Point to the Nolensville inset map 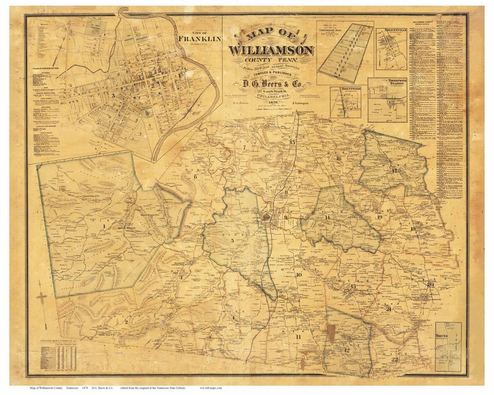[x=391, y=48]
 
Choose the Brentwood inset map [x=345, y=102]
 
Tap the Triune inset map [x=448, y=346]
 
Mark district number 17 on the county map [x=393, y=170]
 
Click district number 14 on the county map [x=327, y=217]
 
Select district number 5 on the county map [x=232, y=241]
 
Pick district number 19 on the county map [x=379, y=217]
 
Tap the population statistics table [x=58, y=358]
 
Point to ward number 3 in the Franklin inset [x=113, y=96]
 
